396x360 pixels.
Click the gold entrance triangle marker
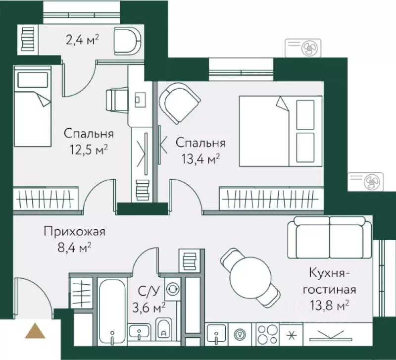click(x=35, y=331)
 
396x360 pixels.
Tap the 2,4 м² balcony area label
click(x=82, y=39)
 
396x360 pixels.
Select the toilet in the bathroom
click(x=163, y=329)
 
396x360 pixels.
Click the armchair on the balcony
click(x=127, y=41)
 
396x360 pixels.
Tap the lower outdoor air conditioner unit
click(x=366, y=182)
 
